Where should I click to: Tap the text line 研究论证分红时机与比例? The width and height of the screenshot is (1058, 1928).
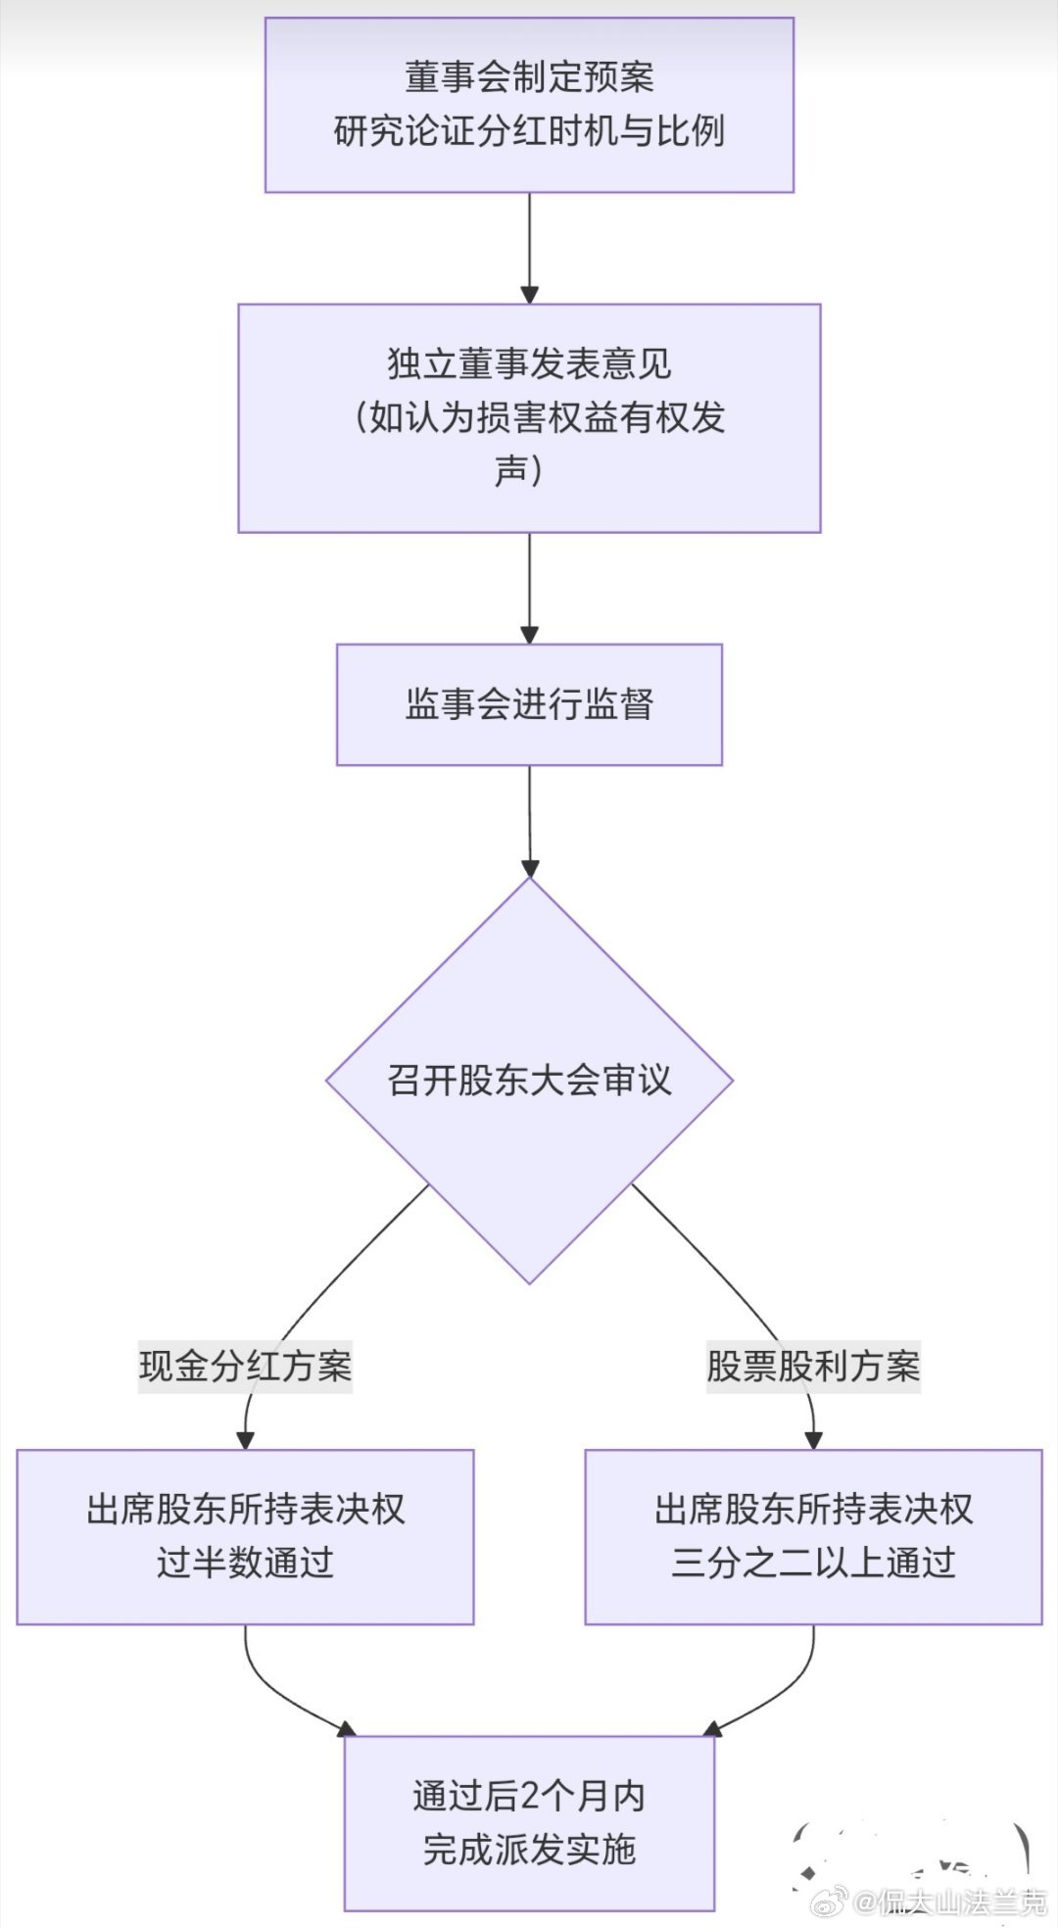click(529, 131)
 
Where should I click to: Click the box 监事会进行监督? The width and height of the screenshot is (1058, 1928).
click(529, 704)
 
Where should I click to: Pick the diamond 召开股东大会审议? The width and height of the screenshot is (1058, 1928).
click(529, 1081)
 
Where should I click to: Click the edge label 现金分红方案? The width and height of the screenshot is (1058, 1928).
click(245, 1366)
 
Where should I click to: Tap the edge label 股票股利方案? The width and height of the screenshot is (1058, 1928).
click(813, 1366)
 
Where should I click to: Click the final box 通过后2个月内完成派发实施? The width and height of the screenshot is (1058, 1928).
click(529, 1823)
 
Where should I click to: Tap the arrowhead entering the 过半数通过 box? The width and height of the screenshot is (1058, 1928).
click(245, 1439)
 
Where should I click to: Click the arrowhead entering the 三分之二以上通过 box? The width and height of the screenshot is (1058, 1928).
click(813, 1439)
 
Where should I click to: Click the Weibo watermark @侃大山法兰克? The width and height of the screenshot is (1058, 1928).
click(950, 1902)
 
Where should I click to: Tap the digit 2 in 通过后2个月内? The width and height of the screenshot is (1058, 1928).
click(529, 1797)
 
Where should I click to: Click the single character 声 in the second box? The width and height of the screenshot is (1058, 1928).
click(511, 471)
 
